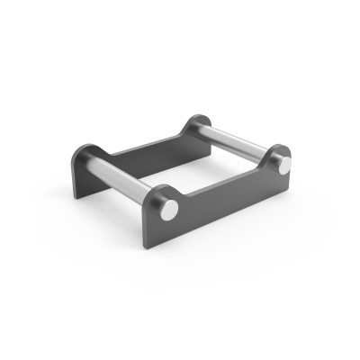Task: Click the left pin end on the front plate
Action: pyautogui.click(x=168, y=209)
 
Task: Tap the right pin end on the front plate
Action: pyautogui.click(x=283, y=166)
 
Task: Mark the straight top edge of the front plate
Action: pyautogui.click(x=225, y=184)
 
